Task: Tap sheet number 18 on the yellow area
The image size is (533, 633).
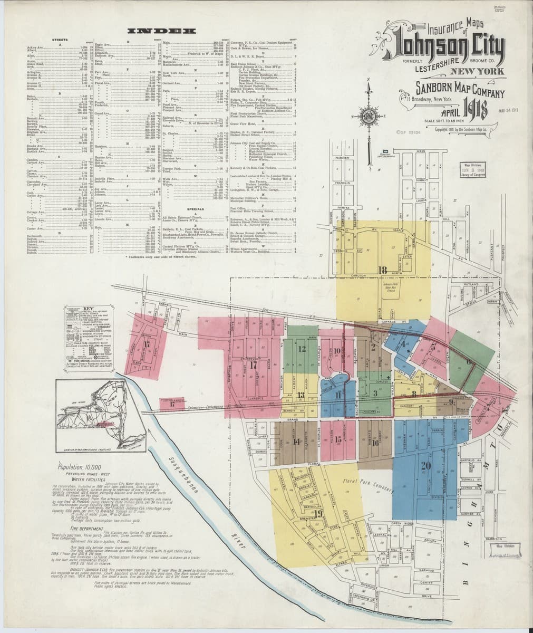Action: pyautogui.click(x=383, y=271)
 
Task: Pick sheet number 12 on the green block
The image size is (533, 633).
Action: pyautogui.click(x=302, y=349)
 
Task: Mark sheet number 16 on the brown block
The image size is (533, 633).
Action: pyautogui.click(x=375, y=442)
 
